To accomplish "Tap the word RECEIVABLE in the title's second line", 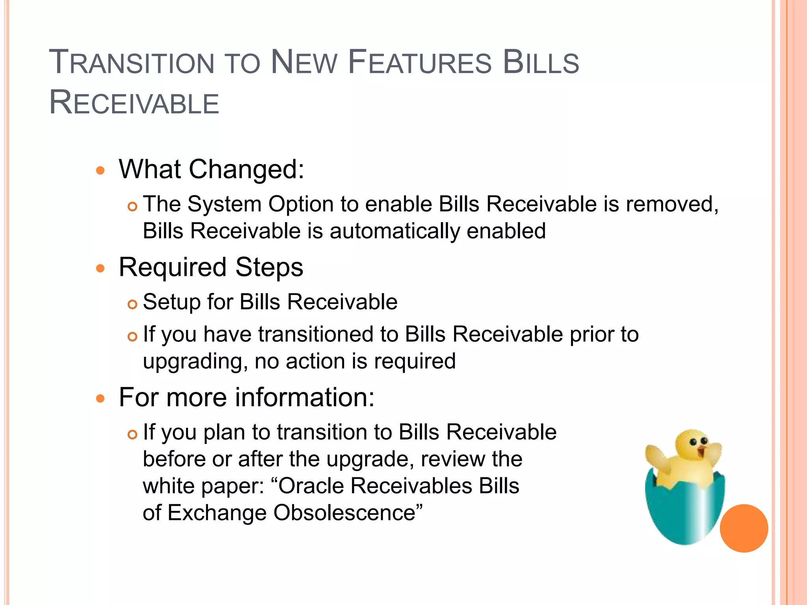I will (134, 103).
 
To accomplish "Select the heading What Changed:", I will (212, 169).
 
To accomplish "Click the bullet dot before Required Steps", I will (101, 269).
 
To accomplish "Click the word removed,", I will (672, 204).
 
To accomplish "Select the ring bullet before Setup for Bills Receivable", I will (132, 304).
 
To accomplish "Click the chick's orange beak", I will (701, 451).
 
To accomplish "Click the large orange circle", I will (744, 528).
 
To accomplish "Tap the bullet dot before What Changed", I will (101, 171).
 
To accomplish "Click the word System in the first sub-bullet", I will (224, 204).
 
